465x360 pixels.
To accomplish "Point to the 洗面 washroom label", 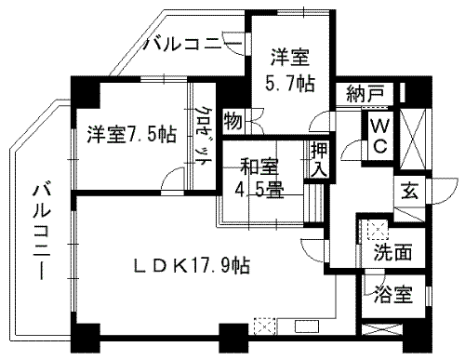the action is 392,251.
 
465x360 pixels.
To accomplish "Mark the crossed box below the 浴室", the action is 383,330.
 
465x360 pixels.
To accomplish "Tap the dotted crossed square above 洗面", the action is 377,226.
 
